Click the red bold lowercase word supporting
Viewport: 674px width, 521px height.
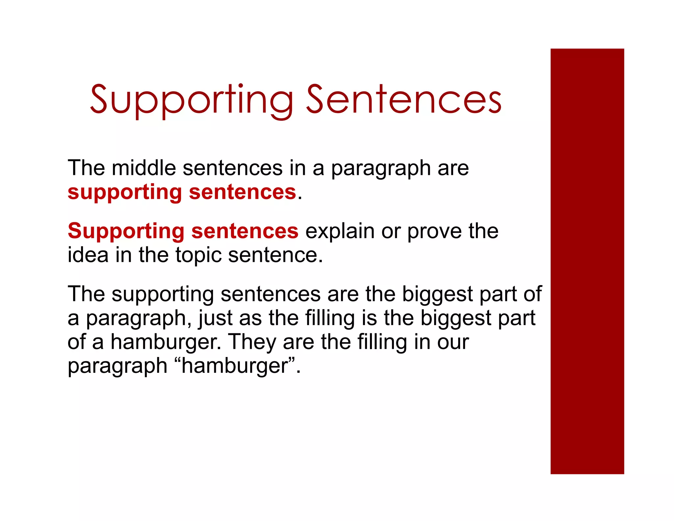(124, 193)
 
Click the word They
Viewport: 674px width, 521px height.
(252, 342)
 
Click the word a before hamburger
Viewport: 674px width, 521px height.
(98, 343)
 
